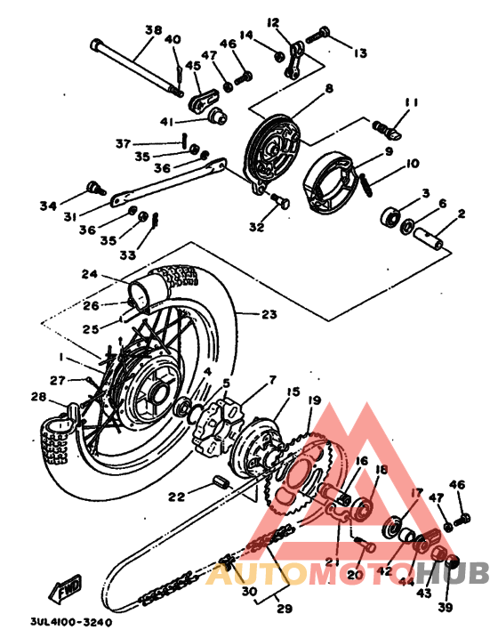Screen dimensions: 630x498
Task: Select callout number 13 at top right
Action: tap(359, 53)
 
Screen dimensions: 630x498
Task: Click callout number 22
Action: tap(177, 497)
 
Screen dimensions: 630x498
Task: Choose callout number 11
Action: tap(410, 103)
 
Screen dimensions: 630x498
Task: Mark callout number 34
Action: tap(47, 206)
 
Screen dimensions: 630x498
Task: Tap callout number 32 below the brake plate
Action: tap(257, 228)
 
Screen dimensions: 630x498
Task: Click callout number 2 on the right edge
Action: tap(462, 214)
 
